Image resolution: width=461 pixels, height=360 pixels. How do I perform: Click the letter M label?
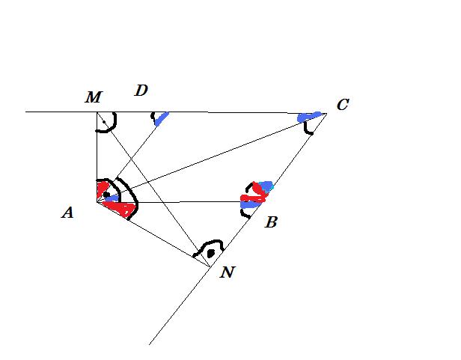coord(94,97)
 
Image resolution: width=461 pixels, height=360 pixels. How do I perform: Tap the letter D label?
coord(141,91)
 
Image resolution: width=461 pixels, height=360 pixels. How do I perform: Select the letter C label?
coord(343,105)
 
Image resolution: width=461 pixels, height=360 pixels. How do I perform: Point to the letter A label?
coord(67,213)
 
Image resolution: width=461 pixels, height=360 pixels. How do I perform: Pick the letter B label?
coord(271,222)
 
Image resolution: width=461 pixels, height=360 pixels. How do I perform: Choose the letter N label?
coord(228,272)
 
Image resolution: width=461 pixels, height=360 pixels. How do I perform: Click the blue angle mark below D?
coord(161,118)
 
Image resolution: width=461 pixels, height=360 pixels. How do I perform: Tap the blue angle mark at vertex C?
coord(308,117)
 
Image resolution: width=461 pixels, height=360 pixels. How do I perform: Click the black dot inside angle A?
coord(106,195)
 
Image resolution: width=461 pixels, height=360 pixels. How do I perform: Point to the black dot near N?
coord(211,253)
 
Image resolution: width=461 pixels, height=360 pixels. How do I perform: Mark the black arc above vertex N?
coord(210,243)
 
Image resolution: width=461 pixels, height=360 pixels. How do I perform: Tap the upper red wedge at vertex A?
coord(103,189)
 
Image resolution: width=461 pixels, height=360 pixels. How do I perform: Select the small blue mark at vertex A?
coord(112,198)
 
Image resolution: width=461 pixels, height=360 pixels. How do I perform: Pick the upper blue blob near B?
coord(266,186)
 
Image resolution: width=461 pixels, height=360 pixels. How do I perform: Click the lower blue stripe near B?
coord(250,205)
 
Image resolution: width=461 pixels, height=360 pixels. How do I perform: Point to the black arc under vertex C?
coord(308,129)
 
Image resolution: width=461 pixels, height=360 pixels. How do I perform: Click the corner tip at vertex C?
coord(326,113)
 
